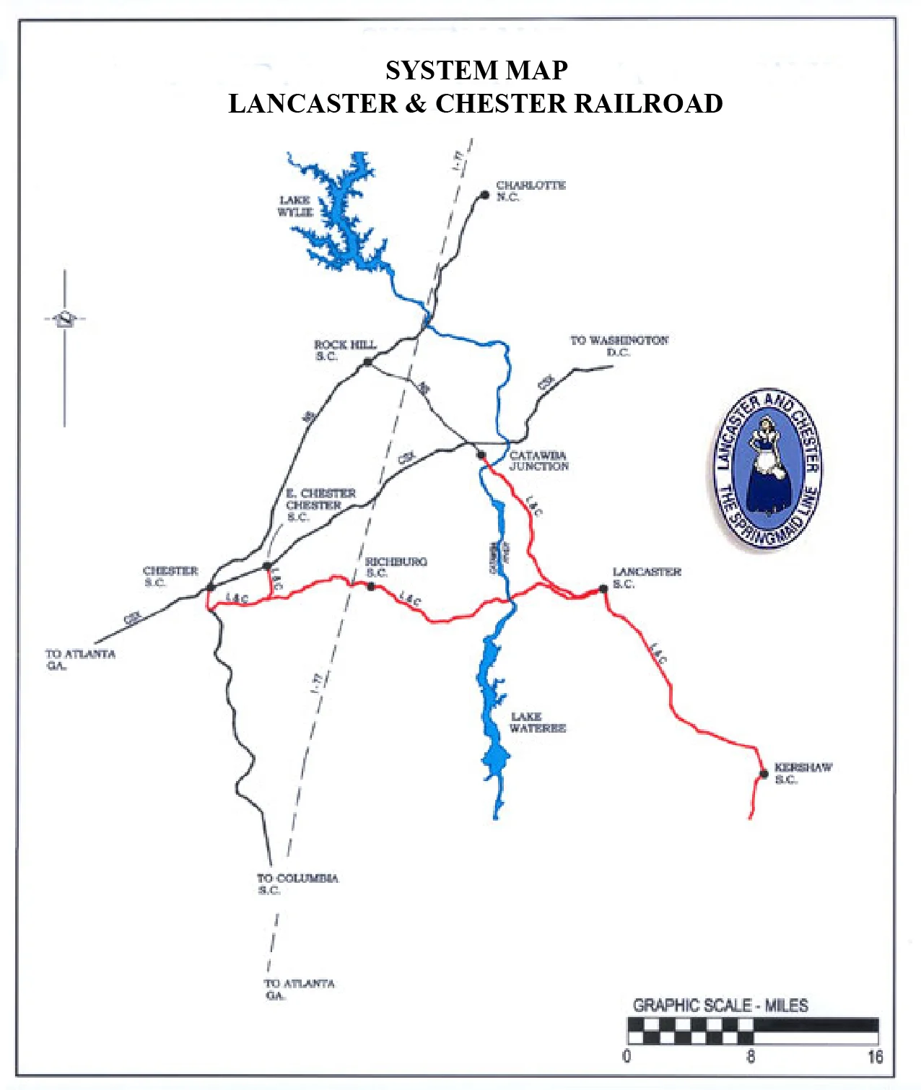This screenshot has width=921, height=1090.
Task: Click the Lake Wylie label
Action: (295, 206)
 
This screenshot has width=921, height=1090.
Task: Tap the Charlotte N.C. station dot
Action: (485, 195)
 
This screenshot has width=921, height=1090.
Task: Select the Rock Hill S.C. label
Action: (344, 350)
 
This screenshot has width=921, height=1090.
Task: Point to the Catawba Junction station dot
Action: (481, 454)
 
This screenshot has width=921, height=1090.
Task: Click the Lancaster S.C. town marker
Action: (603, 589)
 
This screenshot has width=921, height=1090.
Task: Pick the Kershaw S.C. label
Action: (803, 773)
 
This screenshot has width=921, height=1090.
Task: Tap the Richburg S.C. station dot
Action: (371, 587)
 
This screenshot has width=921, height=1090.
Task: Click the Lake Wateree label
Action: (537, 722)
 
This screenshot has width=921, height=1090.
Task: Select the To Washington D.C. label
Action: (619, 346)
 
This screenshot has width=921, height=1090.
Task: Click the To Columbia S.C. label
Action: (297, 884)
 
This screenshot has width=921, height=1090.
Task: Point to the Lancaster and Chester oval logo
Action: (765, 468)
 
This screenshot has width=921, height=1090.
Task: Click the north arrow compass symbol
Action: (66, 318)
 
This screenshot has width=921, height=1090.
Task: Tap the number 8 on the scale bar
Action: (751, 1057)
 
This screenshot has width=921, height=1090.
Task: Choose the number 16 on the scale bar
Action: (875, 1057)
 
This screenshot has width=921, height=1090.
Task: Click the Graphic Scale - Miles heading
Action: (720, 1006)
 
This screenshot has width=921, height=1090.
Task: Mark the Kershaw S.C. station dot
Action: (764, 774)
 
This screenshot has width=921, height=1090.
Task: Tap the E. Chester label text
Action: (320, 493)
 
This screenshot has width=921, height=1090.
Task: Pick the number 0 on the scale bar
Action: (627, 1057)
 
